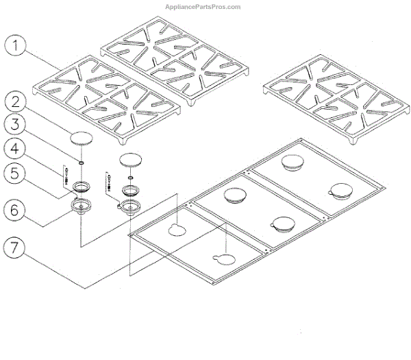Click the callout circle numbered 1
pos(18,47)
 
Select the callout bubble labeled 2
pos(18,101)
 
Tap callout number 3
pos(18,124)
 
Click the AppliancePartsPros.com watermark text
pos(203,7)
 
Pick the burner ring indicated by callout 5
pos(84,186)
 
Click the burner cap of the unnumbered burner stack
pos(132,160)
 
